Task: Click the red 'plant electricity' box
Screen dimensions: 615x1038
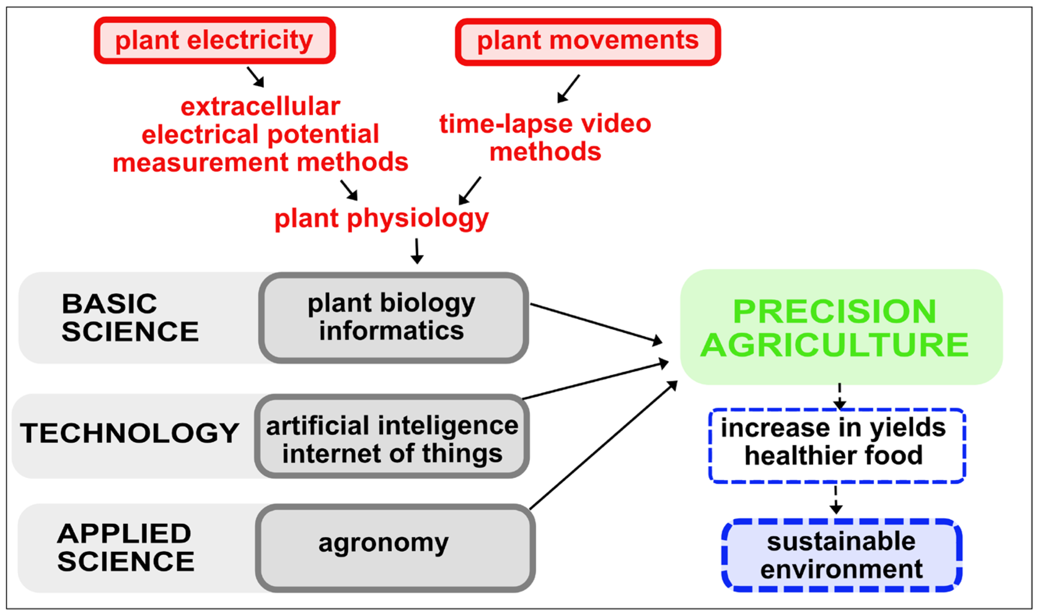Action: point(215,40)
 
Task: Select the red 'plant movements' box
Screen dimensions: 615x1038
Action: point(587,41)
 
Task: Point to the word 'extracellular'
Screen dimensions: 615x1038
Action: point(260,106)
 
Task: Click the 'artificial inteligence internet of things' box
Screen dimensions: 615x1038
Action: point(392,439)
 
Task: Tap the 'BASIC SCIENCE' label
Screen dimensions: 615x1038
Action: point(130,318)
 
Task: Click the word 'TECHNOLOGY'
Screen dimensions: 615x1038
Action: point(130,433)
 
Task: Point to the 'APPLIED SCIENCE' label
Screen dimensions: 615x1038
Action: point(126,547)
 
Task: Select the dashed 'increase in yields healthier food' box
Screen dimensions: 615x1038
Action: point(836,445)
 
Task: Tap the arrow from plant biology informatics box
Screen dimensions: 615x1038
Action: point(596,323)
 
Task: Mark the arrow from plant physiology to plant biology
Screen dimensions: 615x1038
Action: point(417,251)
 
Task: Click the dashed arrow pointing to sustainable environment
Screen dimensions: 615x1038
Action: point(835,499)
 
